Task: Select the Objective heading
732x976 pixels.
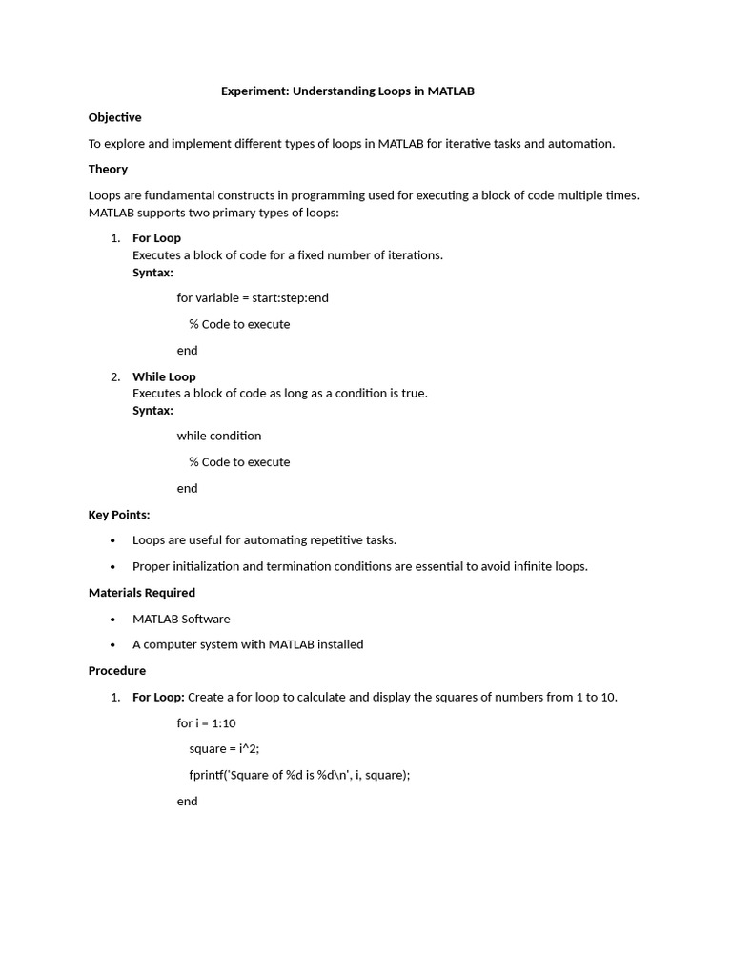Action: [114, 117]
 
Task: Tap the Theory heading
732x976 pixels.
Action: [108, 169]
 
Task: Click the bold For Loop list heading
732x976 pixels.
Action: [156, 238]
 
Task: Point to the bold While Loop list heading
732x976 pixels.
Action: [164, 376]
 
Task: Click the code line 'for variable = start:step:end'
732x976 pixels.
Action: [253, 297]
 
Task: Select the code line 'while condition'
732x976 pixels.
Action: [218, 436]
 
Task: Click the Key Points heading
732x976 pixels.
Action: [119, 515]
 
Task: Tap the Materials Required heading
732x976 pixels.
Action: [141, 592]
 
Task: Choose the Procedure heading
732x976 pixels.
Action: [117, 670]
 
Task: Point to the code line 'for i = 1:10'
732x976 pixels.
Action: [206, 723]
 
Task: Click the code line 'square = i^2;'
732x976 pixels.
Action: [224, 749]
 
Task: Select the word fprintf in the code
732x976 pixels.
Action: [209, 775]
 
